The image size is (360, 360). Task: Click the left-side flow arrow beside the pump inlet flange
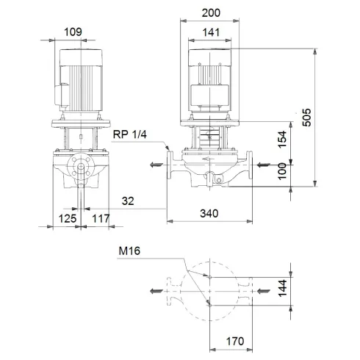(x=156, y=165)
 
